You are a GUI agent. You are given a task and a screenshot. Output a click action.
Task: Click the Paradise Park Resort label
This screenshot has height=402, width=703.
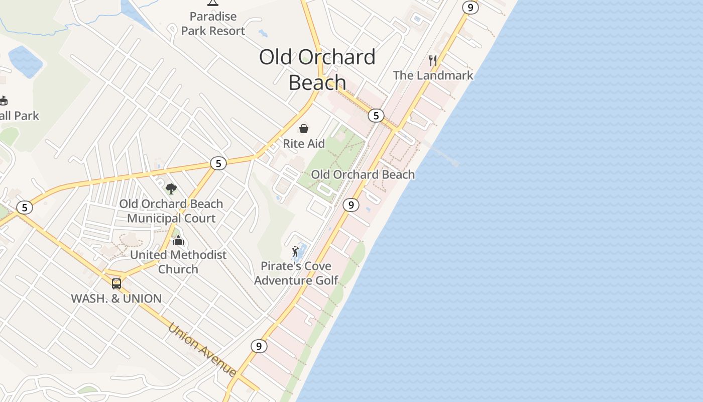213,24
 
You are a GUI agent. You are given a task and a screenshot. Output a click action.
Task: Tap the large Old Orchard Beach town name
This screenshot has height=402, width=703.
317,69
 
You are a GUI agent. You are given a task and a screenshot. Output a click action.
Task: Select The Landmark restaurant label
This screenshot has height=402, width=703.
433,75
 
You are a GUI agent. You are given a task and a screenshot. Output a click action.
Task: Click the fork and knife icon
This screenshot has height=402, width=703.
433,61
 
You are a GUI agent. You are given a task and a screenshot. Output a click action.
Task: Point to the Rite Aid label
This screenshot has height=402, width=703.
304,144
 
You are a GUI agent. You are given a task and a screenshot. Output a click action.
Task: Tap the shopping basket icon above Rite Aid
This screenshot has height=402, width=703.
304,129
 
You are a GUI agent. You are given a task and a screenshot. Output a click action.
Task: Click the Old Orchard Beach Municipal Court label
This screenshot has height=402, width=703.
171,211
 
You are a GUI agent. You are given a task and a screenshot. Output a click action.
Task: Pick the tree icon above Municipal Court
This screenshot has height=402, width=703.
171,189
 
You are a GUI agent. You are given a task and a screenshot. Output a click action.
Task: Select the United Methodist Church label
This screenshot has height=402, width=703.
178,262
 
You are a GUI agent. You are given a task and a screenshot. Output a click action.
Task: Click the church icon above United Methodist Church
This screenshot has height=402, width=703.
178,241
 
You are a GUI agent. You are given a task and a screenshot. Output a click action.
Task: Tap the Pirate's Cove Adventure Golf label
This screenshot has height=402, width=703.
296,273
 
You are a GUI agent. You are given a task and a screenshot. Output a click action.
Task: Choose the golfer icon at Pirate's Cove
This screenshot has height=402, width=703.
296,251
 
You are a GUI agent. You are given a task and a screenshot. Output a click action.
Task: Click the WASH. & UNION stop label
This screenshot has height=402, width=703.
116,298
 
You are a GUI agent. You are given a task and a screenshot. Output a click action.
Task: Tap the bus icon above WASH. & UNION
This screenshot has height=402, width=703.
116,284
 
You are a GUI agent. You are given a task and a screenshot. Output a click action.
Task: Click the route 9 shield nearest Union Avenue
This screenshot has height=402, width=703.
259,346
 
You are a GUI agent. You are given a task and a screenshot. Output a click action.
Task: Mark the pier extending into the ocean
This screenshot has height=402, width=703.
442,153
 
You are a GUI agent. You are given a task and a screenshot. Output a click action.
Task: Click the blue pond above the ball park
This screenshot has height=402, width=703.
25,61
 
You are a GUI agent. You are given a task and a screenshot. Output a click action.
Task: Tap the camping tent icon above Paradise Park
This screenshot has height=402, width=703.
213,3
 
